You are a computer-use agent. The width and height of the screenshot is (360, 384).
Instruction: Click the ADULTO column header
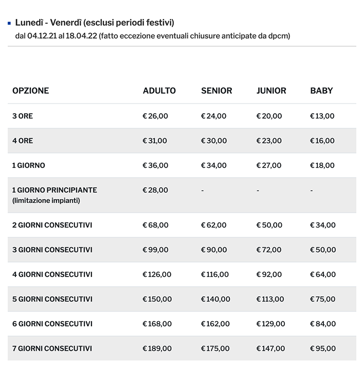[159, 91]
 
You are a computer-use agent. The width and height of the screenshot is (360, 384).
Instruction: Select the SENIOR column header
[217, 91]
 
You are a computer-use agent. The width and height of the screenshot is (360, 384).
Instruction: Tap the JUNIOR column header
[271, 91]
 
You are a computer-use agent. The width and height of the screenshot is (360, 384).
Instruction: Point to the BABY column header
[321, 91]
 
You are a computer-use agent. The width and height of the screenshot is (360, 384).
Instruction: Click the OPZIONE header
[31, 91]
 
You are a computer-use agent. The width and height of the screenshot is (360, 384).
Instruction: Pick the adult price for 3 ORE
[155, 116]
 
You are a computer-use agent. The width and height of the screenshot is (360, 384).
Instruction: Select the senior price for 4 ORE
[213, 141]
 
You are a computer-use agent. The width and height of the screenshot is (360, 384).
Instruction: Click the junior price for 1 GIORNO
[269, 165]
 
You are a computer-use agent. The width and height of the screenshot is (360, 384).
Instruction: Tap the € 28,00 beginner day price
[155, 190]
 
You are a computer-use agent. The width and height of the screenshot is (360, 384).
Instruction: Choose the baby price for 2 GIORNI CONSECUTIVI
[322, 225]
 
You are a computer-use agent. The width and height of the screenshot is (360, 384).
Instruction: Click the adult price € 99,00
[155, 250]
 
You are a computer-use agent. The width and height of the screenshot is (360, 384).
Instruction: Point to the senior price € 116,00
[215, 274]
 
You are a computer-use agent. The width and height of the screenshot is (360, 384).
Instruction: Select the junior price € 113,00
[270, 299]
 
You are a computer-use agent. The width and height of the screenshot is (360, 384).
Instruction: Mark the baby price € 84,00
[322, 324]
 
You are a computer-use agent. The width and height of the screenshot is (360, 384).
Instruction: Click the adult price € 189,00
[157, 348]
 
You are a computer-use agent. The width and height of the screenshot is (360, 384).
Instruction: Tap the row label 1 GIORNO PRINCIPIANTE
[55, 190]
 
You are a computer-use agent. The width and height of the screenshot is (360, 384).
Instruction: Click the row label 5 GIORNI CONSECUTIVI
[52, 299]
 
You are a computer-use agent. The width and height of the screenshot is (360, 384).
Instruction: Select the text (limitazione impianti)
[46, 200]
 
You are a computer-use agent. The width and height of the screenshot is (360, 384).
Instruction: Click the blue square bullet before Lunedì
[9, 23]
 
